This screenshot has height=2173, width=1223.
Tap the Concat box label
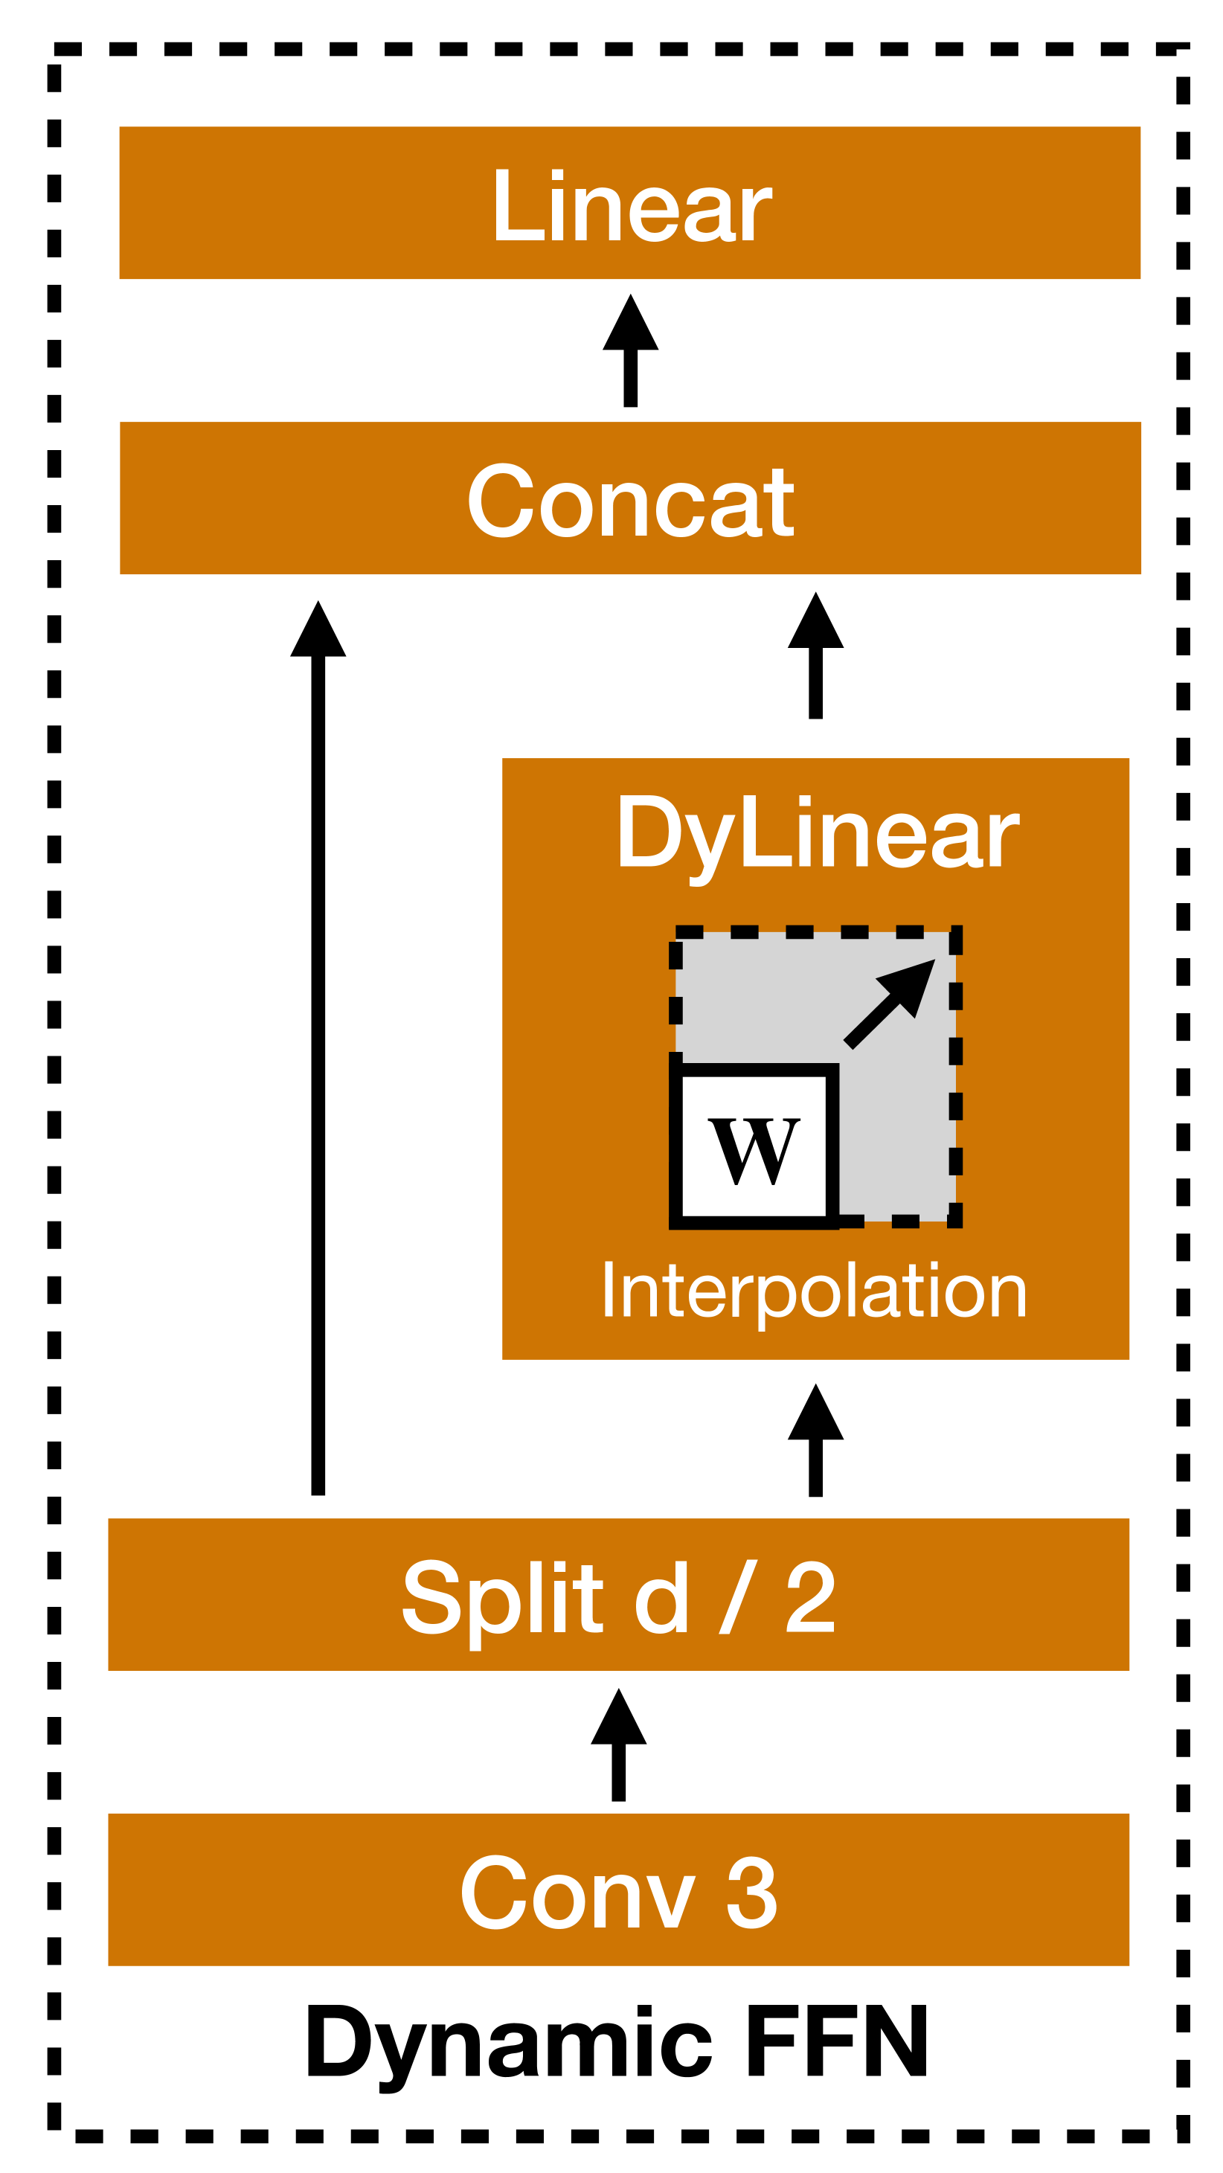pos(631,501)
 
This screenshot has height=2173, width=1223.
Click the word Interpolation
pos(815,1291)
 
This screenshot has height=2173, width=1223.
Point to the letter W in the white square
pos(753,1151)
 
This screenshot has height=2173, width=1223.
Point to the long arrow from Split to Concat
pos(318,1046)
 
